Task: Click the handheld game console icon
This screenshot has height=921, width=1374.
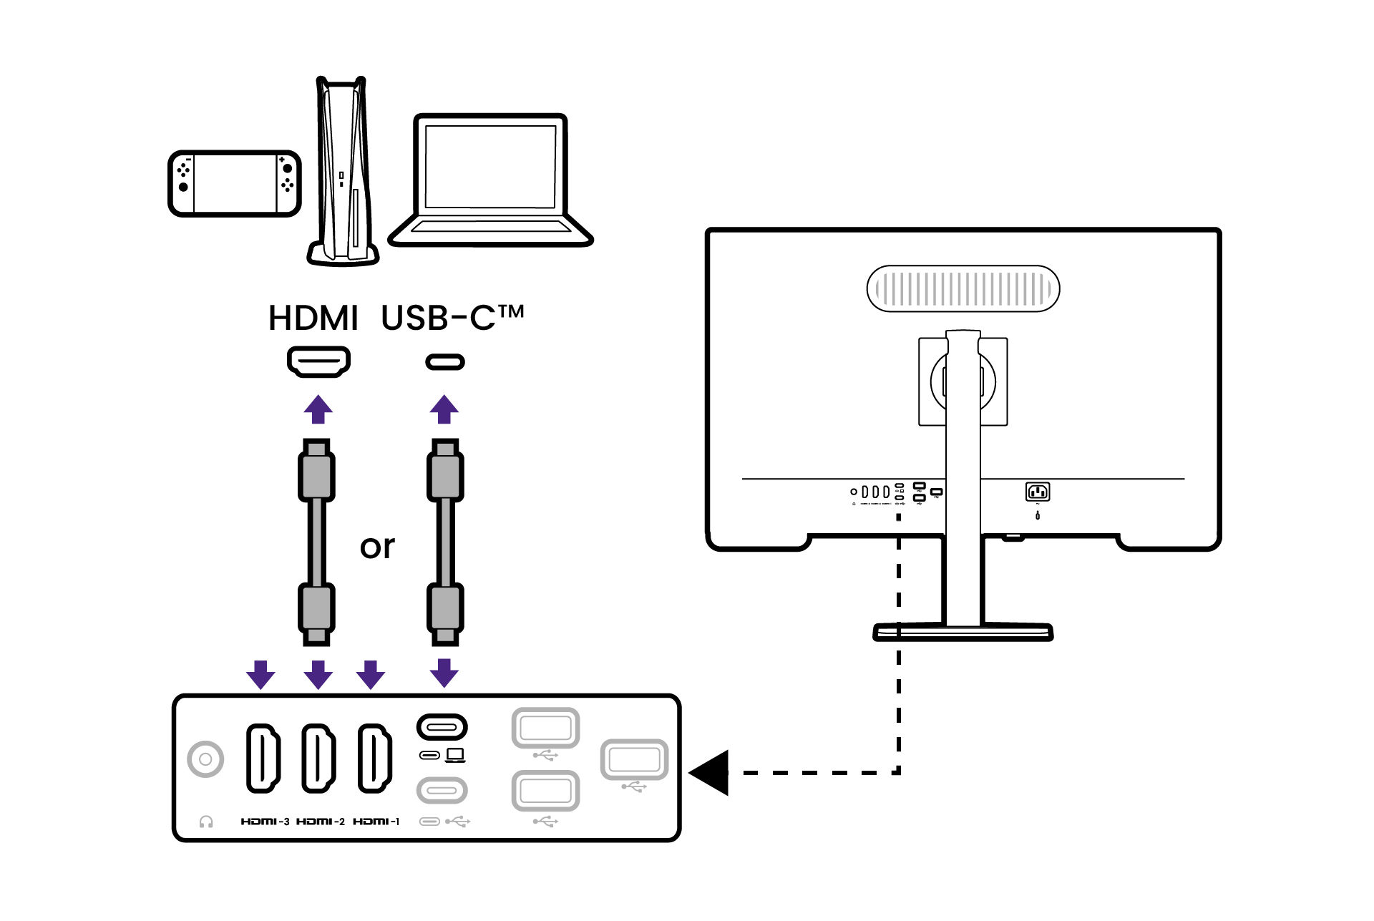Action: pos(234,183)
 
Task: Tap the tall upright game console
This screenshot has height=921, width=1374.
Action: pos(343,172)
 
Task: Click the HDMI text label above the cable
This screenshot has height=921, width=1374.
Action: pos(313,318)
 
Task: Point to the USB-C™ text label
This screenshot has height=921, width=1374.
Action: pos(452,318)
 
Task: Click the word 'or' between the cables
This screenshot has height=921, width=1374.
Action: pos(377,547)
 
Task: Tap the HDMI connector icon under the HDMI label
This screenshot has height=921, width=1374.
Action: pos(318,361)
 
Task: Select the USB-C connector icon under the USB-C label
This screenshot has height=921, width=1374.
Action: pos(444,362)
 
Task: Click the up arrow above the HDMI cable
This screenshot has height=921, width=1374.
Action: pos(318,409)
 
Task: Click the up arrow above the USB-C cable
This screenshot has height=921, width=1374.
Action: pos(444,409)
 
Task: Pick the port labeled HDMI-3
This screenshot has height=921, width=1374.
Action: pos(263,759)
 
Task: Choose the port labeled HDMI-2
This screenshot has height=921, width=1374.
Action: pos(318,759)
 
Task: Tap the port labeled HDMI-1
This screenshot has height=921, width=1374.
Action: pos(374,759)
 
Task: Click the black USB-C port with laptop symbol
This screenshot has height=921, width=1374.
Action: pos(442,728)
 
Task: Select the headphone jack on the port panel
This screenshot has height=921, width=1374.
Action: pos(205,759)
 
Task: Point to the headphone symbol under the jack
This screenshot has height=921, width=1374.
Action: pos(206,822)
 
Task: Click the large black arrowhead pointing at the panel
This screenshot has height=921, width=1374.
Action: pos(711,773)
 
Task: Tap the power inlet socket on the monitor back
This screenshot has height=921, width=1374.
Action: pos(1038,492)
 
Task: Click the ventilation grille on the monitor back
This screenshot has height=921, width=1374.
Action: pos(963,289)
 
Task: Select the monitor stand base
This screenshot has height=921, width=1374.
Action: pos(963,631)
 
